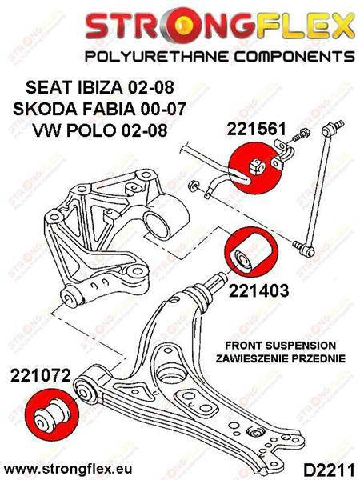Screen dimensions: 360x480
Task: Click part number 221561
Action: pos(256,129)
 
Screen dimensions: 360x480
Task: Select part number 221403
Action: pos(258,290)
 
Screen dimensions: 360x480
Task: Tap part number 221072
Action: pos(41,375)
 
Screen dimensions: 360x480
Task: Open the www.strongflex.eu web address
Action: pos(68,468)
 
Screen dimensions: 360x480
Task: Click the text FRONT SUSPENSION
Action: pos(281,346)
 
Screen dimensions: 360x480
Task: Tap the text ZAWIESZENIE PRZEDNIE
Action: pos(281,358)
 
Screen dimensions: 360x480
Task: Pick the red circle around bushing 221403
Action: pos(251,252)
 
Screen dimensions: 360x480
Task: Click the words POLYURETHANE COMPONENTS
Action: pos(219,57)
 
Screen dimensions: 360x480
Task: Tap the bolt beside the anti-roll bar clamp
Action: pos(302,135)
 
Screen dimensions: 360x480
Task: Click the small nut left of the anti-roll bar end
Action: pos(193,186)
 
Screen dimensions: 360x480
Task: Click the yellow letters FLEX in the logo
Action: pos(302,24)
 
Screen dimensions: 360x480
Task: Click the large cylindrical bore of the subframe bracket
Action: pos(158,226)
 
